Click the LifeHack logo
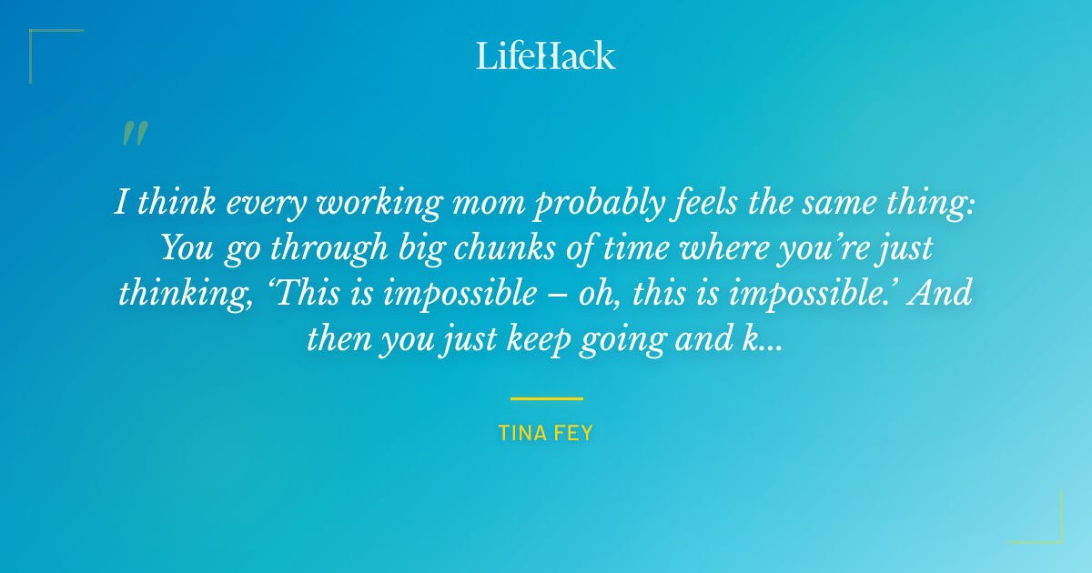(546, 55)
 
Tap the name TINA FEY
(546, 433)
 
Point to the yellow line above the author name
(546, 398)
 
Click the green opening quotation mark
(134, 134)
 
